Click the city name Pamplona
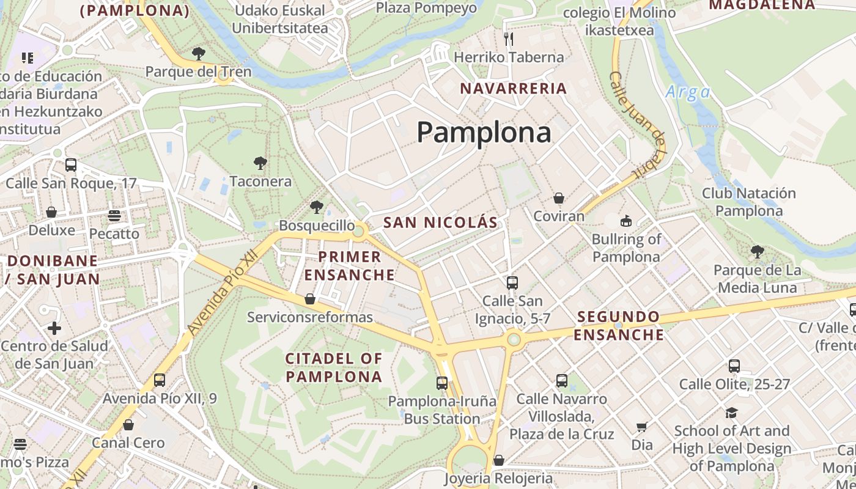tap(484, 132)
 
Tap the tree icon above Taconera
tap(260, 163)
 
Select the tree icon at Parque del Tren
tap(197, 54)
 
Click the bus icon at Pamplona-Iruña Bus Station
tap(442, 383)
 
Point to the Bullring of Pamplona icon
tap(626, 221)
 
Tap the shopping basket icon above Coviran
tap(558, 198)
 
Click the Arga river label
tap(688, 92)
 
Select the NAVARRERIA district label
tap(514, 88)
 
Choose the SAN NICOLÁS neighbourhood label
tap(440, 222)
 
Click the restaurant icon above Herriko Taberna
tap(509, 39)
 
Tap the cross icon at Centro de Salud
tap(54, 328)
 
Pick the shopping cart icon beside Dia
tap(641, 427)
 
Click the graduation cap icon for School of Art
tap(731, 413)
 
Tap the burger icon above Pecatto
tap(114, 215)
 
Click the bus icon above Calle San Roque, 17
tap(71, 164)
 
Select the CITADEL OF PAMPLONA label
tap(334, 367)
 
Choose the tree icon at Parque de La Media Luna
tap(757, 251)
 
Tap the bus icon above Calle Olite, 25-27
tap(734, 366)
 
